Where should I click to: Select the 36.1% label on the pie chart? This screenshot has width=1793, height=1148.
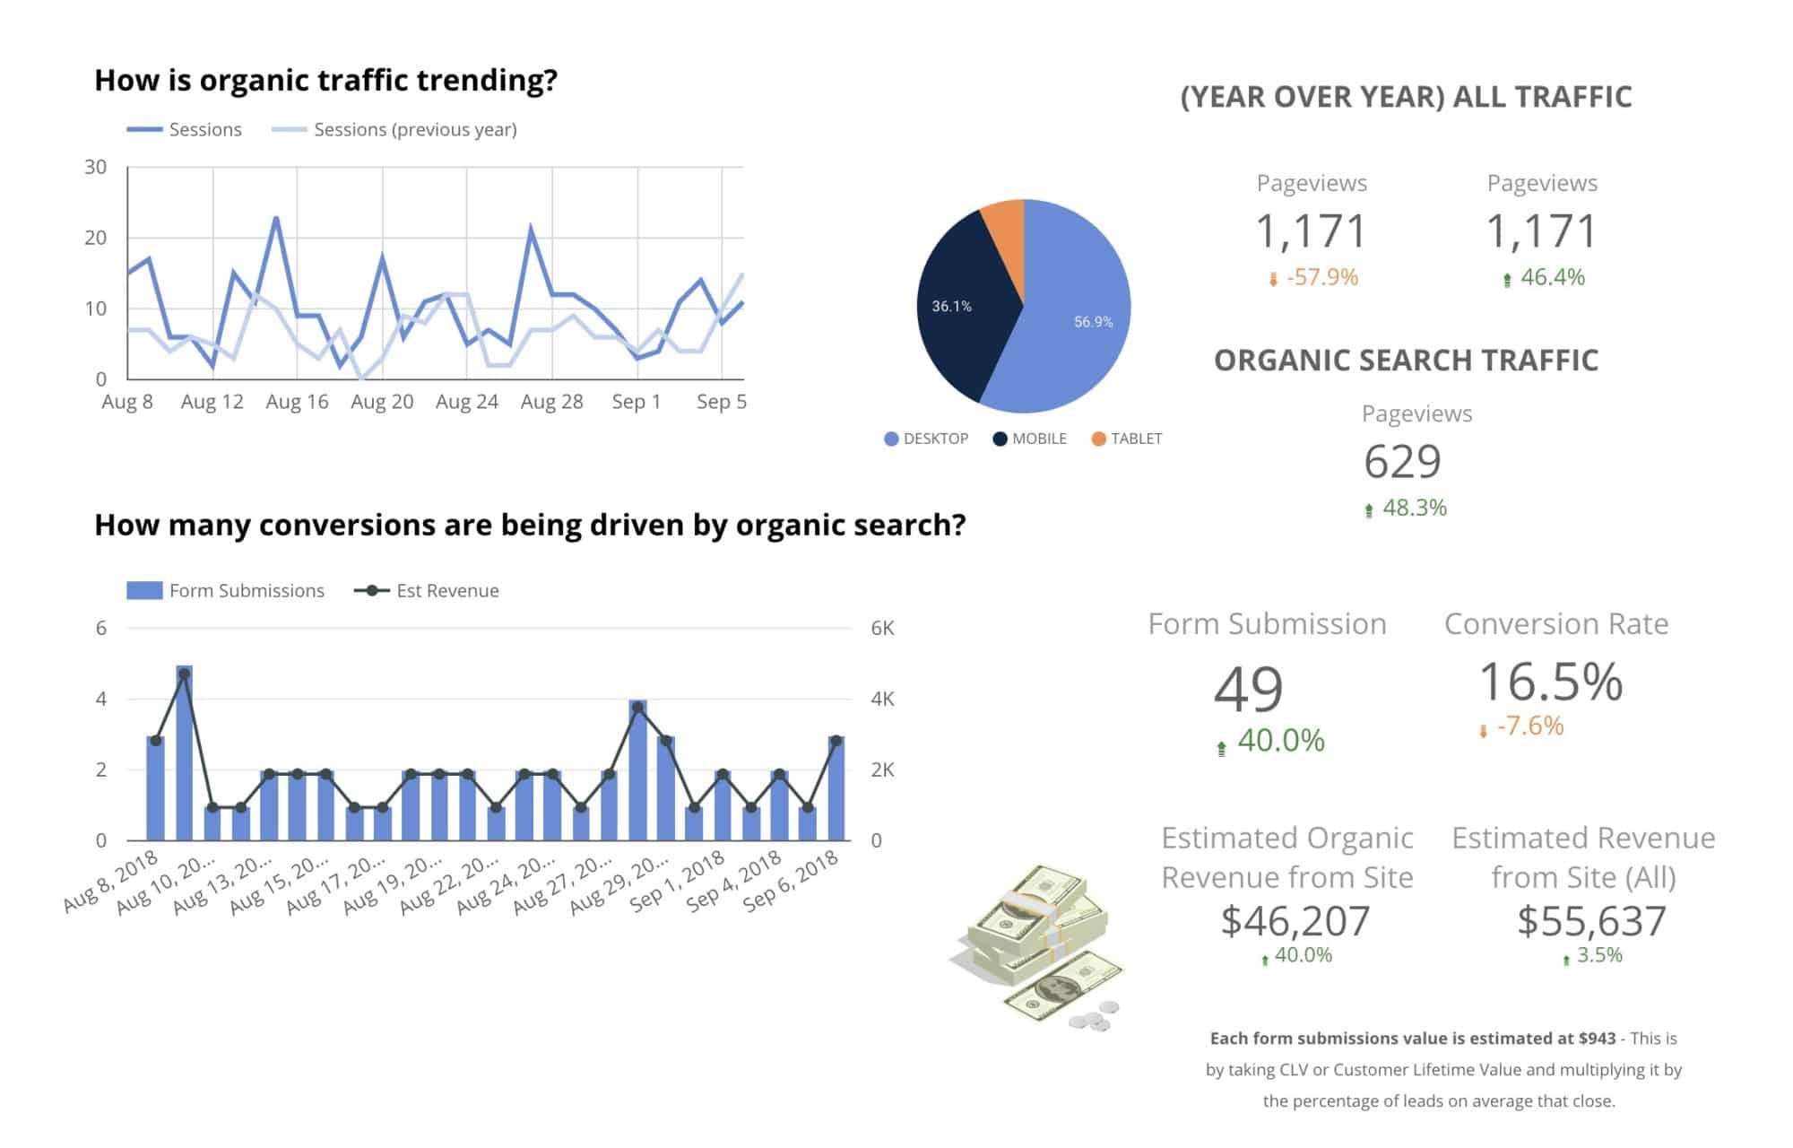(x=951, y=307)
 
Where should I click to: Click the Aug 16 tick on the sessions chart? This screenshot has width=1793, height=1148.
(x=297, y=402)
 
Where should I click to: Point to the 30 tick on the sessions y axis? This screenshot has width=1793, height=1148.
(x=96, y=168)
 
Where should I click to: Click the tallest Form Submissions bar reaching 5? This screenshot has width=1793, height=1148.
(x=184, y=753)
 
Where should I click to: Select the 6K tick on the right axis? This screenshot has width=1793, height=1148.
(x=882, y=629)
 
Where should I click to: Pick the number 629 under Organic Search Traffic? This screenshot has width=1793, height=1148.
(x=1402, y=462)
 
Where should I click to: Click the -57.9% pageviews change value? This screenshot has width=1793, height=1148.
(x=1321, y=277)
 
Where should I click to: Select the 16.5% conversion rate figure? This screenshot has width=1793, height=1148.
(x=1550, y=682)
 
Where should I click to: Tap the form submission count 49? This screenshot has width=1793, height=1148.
(x=1248, y=689)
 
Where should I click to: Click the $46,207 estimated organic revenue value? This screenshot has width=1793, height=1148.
(x=1295, y=921)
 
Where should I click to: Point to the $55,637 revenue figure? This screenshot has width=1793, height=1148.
(x=1591, y=921)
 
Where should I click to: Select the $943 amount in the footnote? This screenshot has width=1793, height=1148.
(x=1597, y=1039)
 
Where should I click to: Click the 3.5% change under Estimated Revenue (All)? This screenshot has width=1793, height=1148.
(x=1598, y=956)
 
